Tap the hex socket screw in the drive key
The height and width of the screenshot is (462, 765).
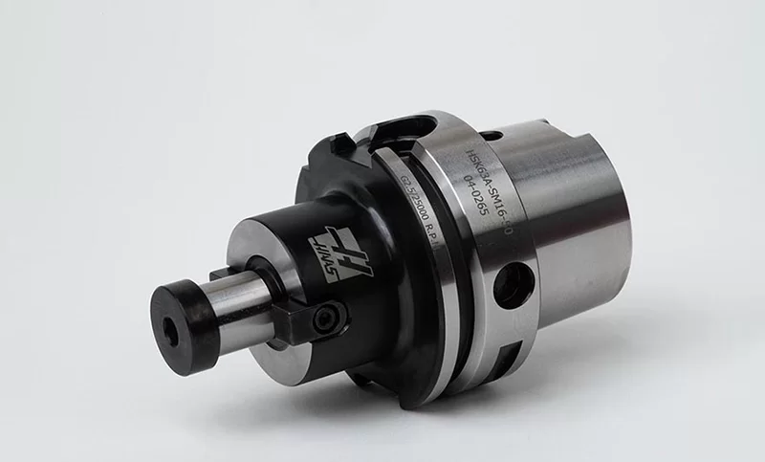point(330,316)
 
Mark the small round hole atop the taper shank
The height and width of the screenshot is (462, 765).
point(489,136)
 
